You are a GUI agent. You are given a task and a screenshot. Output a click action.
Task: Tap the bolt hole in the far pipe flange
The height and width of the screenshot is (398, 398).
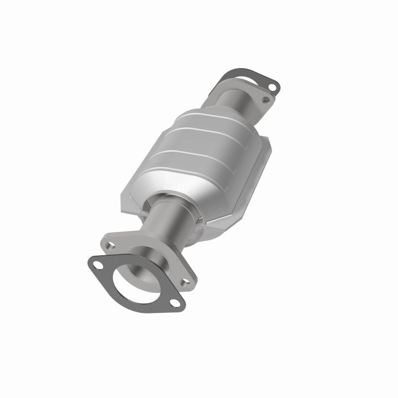coord(266,101)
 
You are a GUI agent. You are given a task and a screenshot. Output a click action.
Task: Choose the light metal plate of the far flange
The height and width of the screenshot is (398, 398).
coord(258,106)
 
